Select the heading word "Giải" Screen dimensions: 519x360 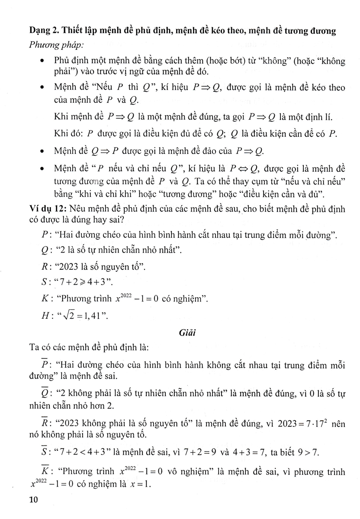coord(180,333)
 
